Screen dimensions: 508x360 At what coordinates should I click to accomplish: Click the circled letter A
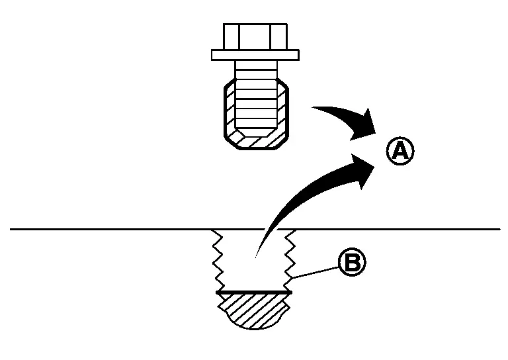(400, 151)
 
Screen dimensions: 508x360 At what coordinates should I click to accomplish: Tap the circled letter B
(352, 262)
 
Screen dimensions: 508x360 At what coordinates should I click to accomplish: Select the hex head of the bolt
(255, 36)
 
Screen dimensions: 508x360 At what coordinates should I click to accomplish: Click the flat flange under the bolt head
(255, 55)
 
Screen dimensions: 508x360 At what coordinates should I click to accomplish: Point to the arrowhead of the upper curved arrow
(364, 125)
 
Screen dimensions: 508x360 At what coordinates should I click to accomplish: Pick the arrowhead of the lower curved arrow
(364, 170)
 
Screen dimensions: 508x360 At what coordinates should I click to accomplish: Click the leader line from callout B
(315, 273)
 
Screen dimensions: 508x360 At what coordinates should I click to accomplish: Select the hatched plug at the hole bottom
(254, 310)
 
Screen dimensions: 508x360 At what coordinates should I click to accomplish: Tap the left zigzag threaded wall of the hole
(218, 261)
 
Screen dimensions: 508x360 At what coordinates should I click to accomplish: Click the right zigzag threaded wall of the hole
(290, 261)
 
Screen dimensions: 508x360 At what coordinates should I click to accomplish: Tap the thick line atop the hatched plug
(254, 292)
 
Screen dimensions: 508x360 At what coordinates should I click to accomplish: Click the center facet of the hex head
(254, 37)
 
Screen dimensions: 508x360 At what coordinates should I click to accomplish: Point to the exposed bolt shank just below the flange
(256, 69)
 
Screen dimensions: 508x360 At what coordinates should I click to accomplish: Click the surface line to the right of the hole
(389, 230)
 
